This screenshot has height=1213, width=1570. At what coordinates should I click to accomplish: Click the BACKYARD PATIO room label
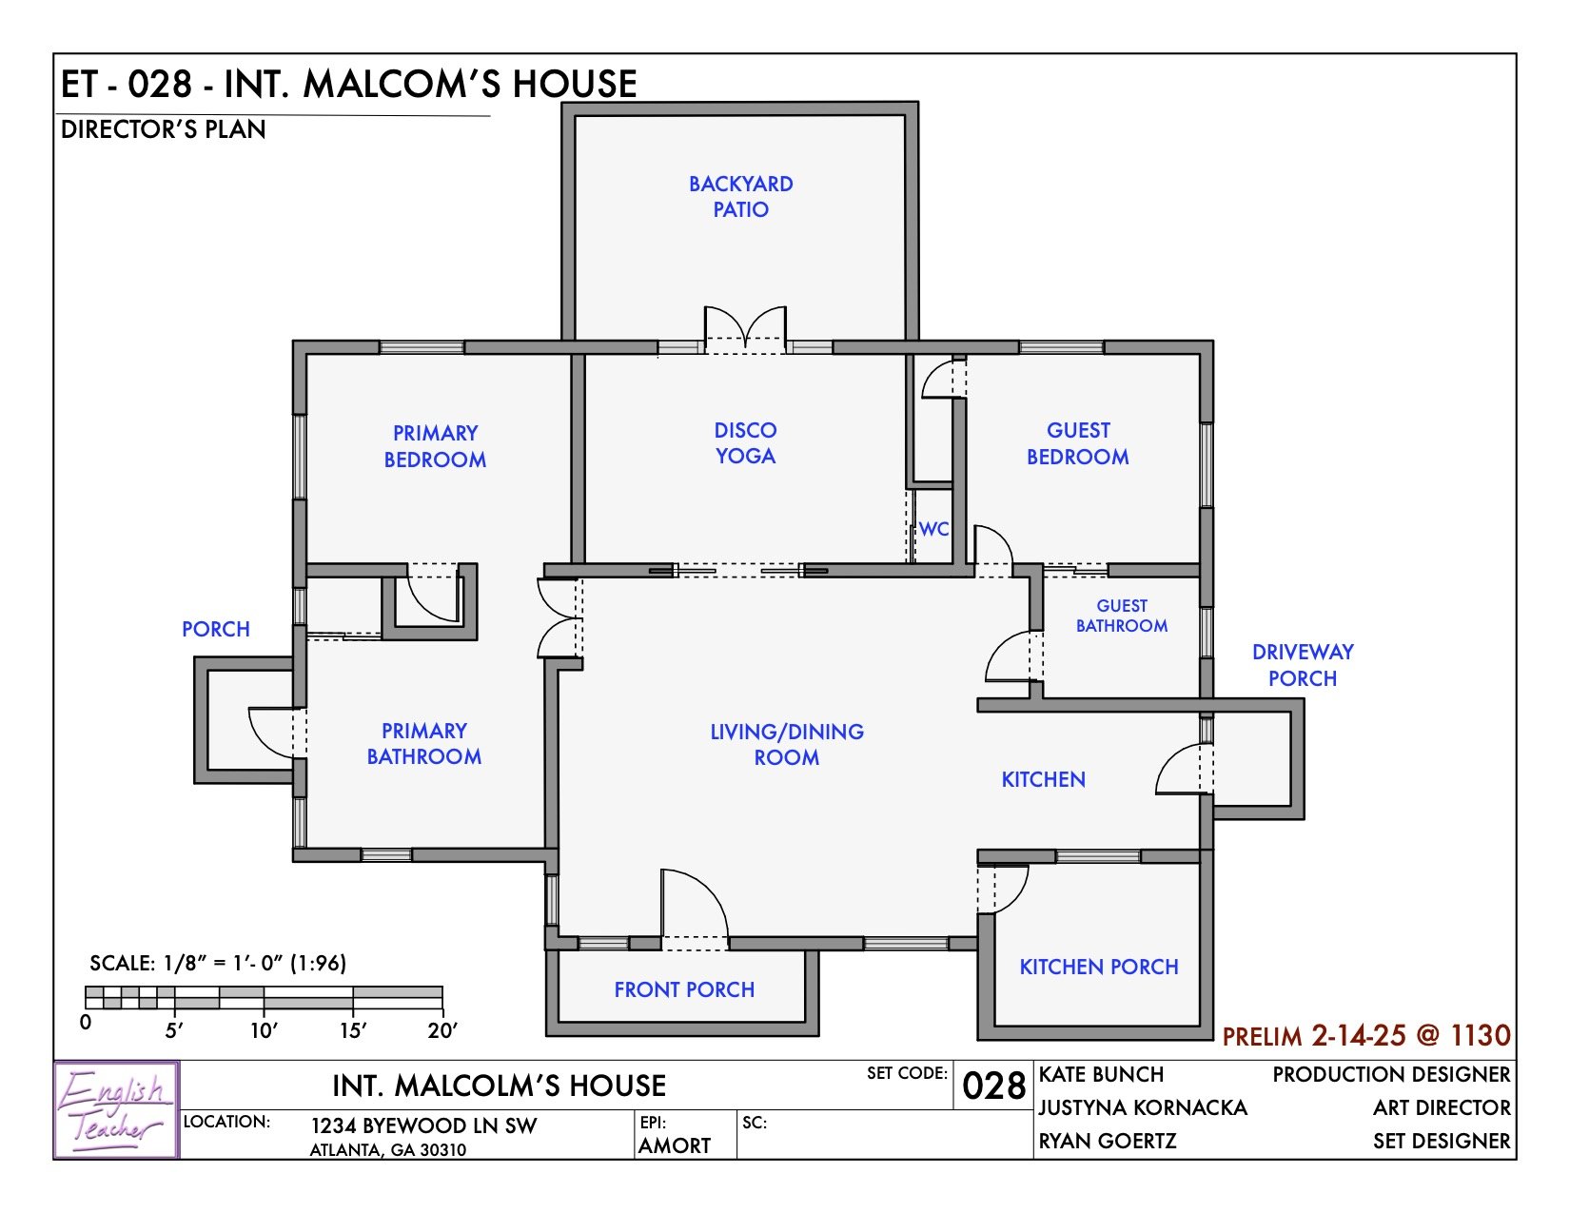(x=740, y=197)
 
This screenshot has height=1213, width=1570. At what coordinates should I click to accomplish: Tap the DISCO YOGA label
(x=745, y=443)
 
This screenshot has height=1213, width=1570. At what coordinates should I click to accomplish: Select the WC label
(x=933, y=529)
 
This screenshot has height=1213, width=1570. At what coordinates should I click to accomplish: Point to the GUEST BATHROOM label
(x=1122, y=616)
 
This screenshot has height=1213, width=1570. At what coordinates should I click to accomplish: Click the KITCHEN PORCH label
(x=1099, y=967)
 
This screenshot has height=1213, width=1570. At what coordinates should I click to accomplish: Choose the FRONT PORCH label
(x=684, y=989)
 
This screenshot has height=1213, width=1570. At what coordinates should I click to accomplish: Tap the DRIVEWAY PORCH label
(x=1302, y=665)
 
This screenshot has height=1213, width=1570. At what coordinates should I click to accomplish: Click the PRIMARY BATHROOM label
(x=424, y=744)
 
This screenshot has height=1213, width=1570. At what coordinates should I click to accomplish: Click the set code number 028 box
(x=993, y=1086)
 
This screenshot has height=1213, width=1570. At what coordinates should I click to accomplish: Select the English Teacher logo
(x=116, y=1109)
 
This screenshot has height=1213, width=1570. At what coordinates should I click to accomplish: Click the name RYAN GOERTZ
(x=1108, y=1141)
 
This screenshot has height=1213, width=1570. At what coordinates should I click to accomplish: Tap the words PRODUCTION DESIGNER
(x=1391, y=1074)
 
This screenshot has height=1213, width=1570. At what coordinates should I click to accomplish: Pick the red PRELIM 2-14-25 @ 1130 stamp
(x=1365, y=1035)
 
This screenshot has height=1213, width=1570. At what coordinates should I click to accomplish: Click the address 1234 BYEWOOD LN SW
(x=423, y=1125)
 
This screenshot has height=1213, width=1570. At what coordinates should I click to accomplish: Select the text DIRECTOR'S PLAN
(x=163, y=129)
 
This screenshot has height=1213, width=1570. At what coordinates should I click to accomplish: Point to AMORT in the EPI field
(x=675, y=1145)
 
